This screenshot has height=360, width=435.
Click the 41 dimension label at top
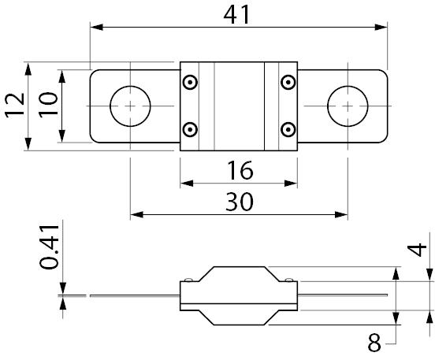point(236,15)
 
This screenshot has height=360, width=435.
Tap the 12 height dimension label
point(15,106)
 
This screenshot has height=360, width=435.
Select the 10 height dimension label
point(48,105)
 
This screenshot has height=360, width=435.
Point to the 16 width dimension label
point(240,169)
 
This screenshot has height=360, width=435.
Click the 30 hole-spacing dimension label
point(240,202)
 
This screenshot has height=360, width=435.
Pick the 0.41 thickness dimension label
point(49,247)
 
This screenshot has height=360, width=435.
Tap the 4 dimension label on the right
point(416,250)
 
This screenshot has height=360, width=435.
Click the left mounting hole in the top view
point(130,106)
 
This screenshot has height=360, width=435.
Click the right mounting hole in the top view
point(348,106)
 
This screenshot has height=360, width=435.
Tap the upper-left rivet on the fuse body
point(190,82)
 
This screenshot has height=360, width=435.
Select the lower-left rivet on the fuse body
point(190,129)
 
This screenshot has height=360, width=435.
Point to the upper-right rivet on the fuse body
point(288,82)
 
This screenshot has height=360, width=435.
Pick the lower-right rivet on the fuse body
point(288,129)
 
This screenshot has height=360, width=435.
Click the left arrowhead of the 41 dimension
point(97,28)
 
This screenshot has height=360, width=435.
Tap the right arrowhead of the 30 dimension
point(341,214)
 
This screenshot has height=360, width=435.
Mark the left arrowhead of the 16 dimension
point(187,183)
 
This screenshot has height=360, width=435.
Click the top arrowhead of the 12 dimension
point(28,69)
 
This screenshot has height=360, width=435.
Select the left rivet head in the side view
point(188,280)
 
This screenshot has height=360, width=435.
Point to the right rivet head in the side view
point(289,280)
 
